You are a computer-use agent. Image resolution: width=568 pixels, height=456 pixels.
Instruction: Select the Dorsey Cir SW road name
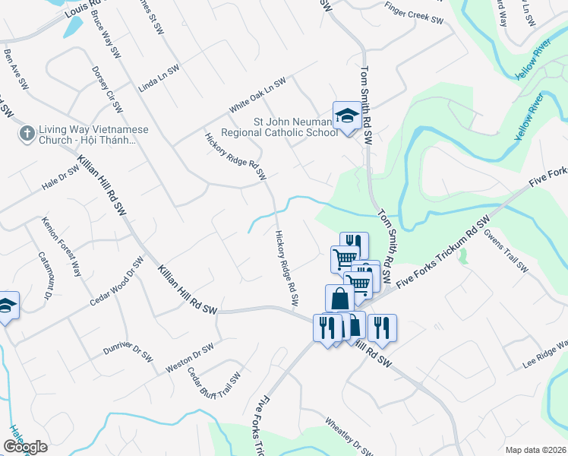[107, 88]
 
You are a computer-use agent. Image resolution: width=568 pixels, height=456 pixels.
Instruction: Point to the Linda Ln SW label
[159, 78]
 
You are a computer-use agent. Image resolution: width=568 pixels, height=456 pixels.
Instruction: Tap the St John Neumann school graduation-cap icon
[346, 116]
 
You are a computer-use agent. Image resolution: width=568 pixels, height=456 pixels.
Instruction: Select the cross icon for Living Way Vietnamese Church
[27, 135]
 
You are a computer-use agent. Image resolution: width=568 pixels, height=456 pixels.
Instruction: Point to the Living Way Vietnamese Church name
[94, 135]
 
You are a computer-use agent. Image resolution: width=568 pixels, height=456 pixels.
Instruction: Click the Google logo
[25, 447]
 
